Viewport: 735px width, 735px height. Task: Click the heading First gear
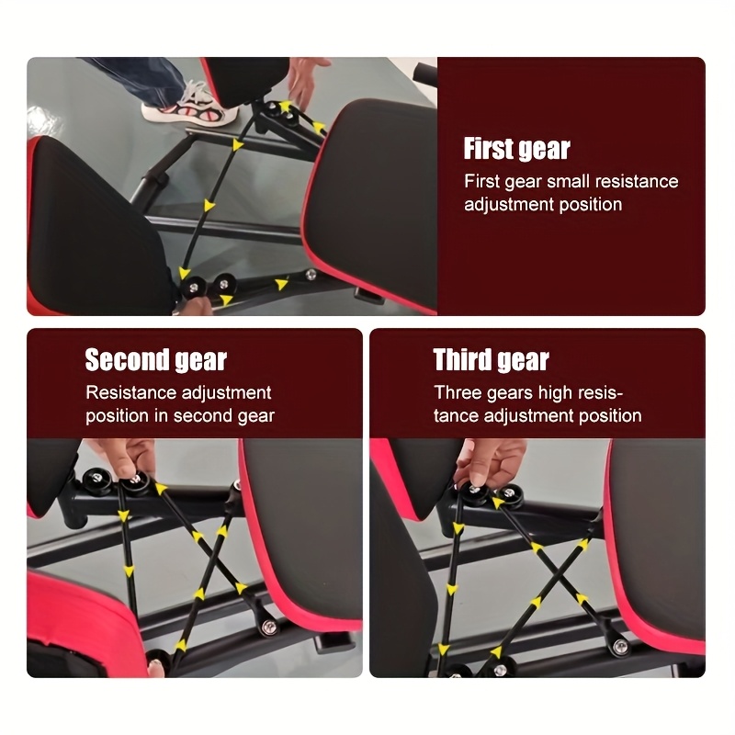pyautogui.click(x=516, y=149)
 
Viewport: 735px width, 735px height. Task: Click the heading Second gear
pyautogui.click(x=155, y=359)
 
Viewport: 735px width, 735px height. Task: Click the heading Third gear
pyautogui.click(x=491, y=359)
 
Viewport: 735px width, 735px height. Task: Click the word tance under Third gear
pyautogui.click(x=457, y=416)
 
